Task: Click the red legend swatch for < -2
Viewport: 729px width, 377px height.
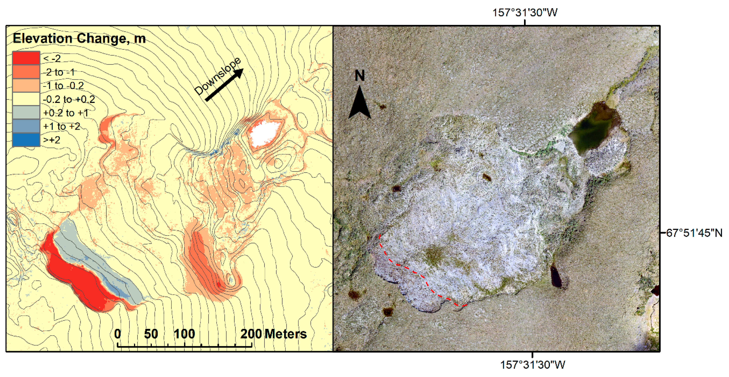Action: click(26, 58)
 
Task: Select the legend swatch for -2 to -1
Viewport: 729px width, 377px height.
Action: click(26, 72)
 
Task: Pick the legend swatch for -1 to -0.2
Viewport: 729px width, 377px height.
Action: click(26, 85)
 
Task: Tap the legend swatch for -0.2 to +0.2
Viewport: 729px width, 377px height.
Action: click(26, 99)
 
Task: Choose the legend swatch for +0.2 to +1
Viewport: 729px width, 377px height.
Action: click(26, 112)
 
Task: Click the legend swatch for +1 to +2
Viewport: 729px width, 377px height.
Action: click(26, 126)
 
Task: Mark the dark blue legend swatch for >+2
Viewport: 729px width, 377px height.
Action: click(26, 140)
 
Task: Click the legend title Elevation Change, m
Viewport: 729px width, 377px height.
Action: click(79, 38)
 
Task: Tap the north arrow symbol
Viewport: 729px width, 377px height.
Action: click(359, 103)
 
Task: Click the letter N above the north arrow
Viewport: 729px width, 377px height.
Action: click(360, 76)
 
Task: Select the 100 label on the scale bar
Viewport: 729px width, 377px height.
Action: click(184, 334)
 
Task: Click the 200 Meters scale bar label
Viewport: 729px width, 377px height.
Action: click(273, 334)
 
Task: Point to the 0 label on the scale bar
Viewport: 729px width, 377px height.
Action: click(117, 334)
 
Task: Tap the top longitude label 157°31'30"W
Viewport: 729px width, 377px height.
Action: click(525, 13)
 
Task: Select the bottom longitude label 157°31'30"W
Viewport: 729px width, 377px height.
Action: click(533, 365)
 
